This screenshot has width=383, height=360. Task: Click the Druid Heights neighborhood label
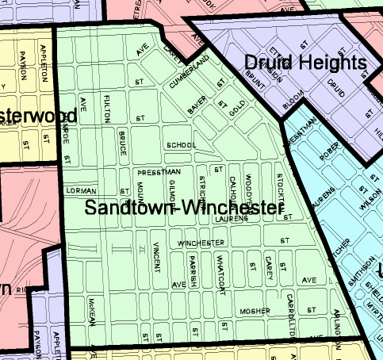pyautogui.click(x=305, y=63)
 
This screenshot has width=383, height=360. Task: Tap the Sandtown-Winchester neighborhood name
pyautogui.click(x=184, y=209)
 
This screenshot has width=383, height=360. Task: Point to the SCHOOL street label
pyautogui.click(x=181, y=146)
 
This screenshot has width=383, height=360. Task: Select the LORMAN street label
pyautogui.click(x=81, y=191)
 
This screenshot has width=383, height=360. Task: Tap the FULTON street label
pyautogui.click(x=107, y=108)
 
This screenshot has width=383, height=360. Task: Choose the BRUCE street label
pyautogui.click(x=123, y=140)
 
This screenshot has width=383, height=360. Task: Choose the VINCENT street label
pyautogui.click(x=156, y=254)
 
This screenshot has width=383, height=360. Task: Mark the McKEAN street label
pyautogui.click(x=93, y=312)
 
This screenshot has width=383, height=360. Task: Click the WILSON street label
pyautogui.click(x=366, y=202)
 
